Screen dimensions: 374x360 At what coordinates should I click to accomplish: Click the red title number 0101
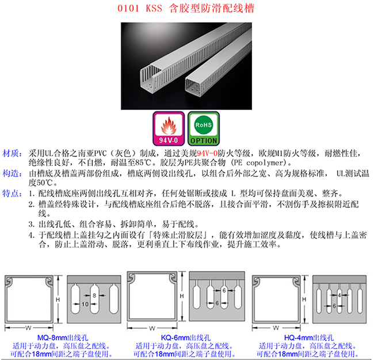(128, 9)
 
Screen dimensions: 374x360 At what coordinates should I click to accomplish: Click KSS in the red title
(154, 9)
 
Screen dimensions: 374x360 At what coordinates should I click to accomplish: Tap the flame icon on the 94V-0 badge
(169, 126)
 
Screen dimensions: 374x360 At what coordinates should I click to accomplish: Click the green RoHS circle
(204, 124)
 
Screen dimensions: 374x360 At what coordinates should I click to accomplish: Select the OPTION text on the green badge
(204, 141)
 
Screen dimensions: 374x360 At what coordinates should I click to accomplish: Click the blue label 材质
(12, 153)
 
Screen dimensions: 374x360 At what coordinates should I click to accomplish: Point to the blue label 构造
(12, 173)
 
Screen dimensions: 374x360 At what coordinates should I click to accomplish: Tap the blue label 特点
(12, 193)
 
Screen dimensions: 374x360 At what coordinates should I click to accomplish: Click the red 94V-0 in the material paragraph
(207, 153)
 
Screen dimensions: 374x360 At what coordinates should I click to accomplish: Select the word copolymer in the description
(265, 163)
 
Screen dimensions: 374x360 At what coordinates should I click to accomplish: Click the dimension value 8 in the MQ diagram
(94, 295)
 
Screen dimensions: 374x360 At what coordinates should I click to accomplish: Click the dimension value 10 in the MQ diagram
(85, 304)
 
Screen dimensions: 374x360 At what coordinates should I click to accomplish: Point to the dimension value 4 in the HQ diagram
(339, 295)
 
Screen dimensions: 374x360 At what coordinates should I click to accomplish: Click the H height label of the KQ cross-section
(182, 296)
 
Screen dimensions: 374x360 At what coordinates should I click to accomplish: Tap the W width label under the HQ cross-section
(276, 328)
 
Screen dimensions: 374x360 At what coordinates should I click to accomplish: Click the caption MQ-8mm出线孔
(63, 338)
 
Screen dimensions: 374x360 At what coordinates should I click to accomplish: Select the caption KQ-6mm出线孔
(186, 338)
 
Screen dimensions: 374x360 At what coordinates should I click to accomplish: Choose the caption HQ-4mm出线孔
(309, 338)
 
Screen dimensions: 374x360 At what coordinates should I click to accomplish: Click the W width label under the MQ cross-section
(28, 328)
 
